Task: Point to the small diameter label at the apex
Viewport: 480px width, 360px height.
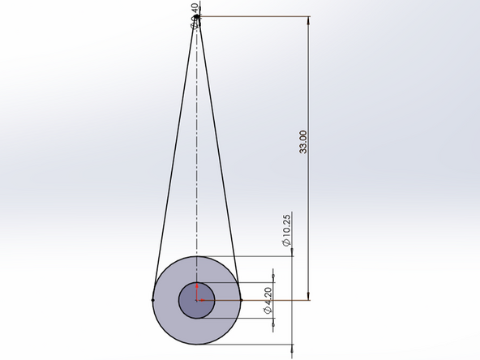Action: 194,15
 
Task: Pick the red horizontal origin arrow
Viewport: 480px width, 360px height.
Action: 204,300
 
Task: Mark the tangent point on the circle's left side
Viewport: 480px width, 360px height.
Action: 153,300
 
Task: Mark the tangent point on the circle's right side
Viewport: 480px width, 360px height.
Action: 241,300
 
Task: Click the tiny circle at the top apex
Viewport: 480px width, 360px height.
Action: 197,17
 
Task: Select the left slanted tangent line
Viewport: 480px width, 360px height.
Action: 174,154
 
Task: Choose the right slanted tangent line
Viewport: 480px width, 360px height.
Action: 219,154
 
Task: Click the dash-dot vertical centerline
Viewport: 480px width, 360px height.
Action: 196,162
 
